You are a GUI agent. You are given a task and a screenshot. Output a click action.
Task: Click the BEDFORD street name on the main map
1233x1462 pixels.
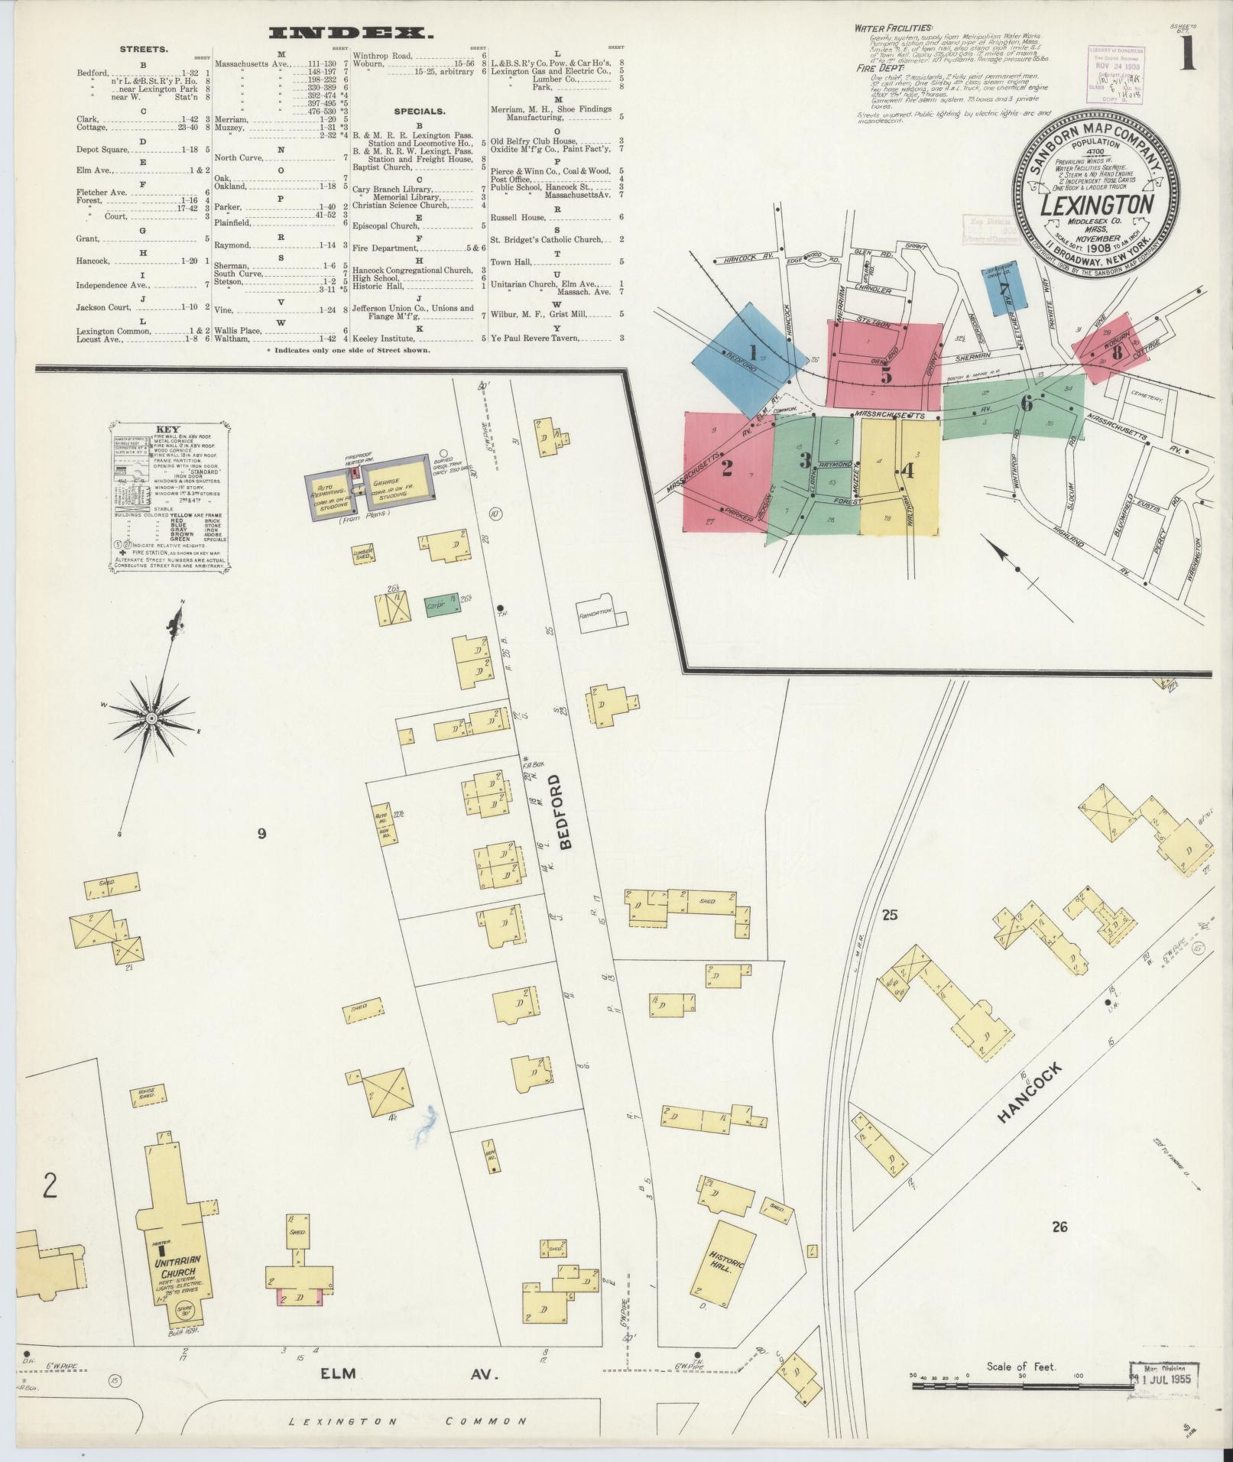(x=566, y=813)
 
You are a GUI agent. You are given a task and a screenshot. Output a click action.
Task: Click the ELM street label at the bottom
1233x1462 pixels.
(x=339, y=1373)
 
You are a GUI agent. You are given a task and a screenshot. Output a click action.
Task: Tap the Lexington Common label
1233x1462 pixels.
(x=407, y=1421)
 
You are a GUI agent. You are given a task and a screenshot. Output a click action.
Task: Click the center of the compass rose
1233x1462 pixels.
(x=151, y=719)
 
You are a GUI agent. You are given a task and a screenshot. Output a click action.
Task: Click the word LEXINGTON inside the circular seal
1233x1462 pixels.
(x=1096, y=205)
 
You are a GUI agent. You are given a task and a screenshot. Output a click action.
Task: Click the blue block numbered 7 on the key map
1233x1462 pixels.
(x=1004, y=287)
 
